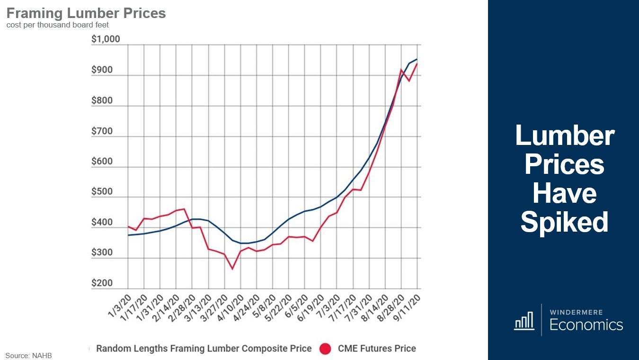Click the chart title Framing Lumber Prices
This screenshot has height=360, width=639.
[86, 13]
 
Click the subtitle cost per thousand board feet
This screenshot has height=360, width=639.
[58, 25]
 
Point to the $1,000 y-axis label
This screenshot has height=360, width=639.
[106, 39]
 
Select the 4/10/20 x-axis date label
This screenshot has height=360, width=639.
[231, 306]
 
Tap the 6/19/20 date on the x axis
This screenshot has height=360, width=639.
[311, 306]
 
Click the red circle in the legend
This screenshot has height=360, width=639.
[325, 349]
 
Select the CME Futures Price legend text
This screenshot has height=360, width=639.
[377, 349]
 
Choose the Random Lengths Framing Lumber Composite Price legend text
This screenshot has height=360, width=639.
[204, 349]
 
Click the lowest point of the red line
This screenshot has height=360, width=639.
[232, 269]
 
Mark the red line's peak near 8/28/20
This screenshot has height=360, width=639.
[401, 70]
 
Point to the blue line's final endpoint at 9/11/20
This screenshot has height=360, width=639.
[417, 59]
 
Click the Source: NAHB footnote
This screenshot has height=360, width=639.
[28, 355]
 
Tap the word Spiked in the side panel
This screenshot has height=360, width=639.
[564, 222]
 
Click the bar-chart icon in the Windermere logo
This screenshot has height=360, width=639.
[524, 320]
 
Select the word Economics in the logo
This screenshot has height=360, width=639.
[586, 324]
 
